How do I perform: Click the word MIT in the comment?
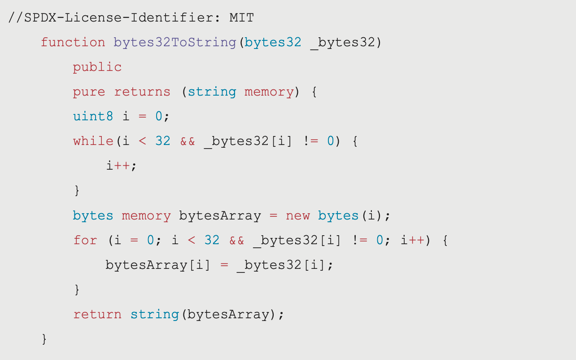(242, 18)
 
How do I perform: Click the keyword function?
(73, 43)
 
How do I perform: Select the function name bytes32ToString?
(175, 43)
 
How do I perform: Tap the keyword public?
(97, 67)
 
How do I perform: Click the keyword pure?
(89, 92)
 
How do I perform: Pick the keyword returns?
(142, 92)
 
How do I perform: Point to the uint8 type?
(93, 117)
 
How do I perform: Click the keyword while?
(93, 141)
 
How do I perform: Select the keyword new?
(298, 215)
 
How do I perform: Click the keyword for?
(85, 240)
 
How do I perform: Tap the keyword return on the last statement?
(97, 314)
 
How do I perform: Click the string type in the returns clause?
(212, 92)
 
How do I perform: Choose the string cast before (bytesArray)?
(155, 314)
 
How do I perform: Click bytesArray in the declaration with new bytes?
(220, 215)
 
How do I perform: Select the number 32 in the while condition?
(163, 141)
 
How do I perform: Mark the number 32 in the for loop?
(212, 240)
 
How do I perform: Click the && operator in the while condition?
(188, 141)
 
